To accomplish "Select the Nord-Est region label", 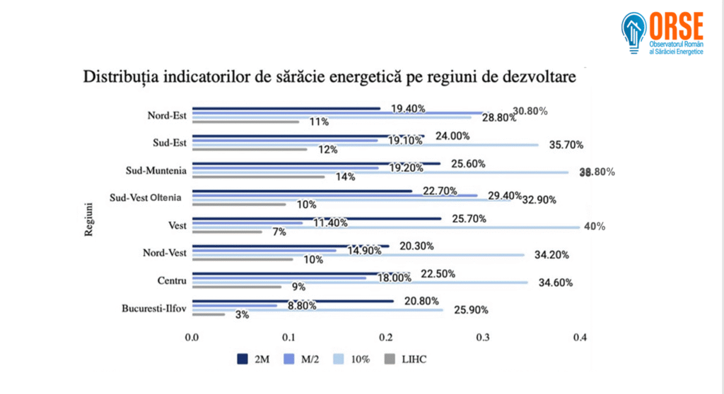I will click(167, 115).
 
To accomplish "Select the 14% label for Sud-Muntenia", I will click(345, 177).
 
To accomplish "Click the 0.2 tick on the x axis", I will click(386, 338).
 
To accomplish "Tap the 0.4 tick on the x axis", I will click(580, 338).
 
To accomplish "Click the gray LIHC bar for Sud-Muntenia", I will click(258, 177).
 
